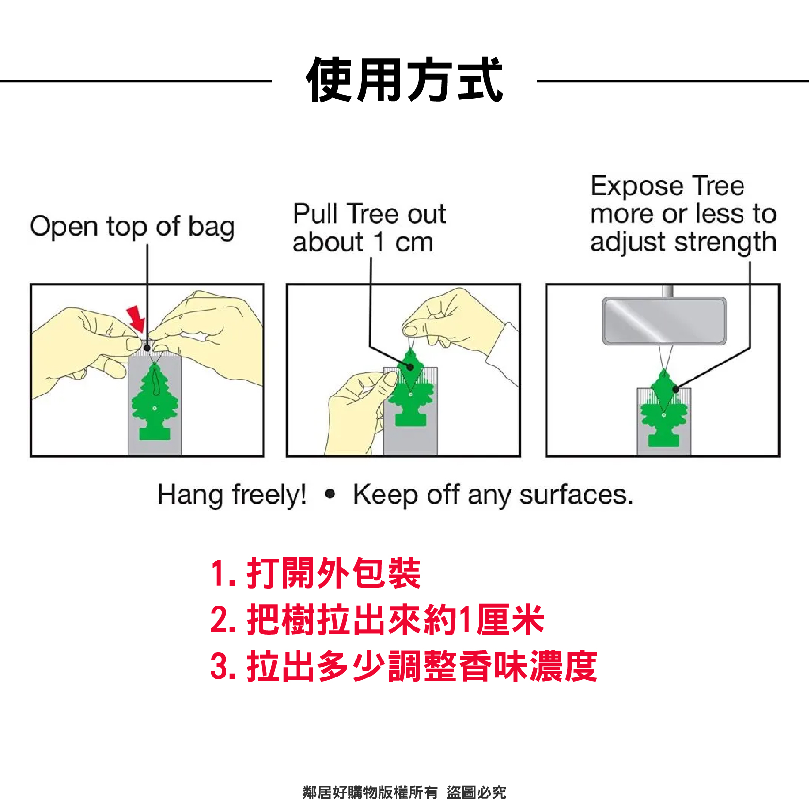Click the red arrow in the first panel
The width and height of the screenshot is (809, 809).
pyautogui.click(x=137, y=319)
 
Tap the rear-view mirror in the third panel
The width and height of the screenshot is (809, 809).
pyautogui.click(x=664, y=321)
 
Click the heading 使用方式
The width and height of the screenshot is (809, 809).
pyautogui.click(x=405, y=80)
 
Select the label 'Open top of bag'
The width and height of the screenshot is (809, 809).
pyautogui.click(x=132, y=227)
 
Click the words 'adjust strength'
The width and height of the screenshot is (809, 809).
pyautogui.click(x=683, y=242)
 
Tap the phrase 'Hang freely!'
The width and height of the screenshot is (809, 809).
pyautogui.click(x=232, y=495)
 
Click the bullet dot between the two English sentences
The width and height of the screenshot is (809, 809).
pyautogui.click(x=330, y=494)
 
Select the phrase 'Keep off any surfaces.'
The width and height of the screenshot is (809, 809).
pyautogui.click(x=493, y=495)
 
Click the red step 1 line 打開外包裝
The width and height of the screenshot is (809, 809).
pyautogui.click(x=315, y=573)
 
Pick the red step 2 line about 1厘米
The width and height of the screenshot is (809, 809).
pyautogui.click(x=377, y=620)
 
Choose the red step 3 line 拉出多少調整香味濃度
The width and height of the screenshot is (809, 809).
pyautogui.click(x=404, y=666)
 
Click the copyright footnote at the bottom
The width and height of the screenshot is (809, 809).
pyautogui.click(x=404, y=792)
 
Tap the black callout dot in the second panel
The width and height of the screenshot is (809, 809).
pyautogui.click(x=410, y=367)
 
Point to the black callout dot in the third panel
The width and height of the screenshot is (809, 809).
pyautogui.click(x=676, y=389)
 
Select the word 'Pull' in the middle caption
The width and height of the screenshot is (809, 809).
pyautogui.click(x=315, y=214)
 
